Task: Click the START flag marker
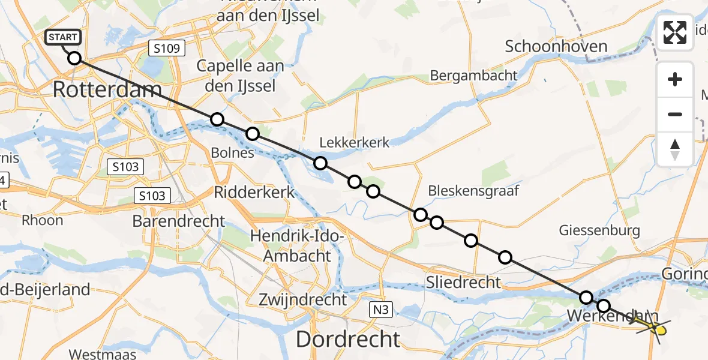tap(62, 38)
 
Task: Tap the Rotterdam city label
tap(107, 90)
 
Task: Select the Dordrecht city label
tap(347, 339)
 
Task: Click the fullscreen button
tap(675, 32)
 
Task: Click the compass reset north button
tap(675, 149)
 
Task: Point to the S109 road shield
tap(166, 48)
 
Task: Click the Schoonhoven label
tap(556, 46)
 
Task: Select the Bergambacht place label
tap(473, 75)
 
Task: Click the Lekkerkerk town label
tap(355, 142)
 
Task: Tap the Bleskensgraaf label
tap(473, 191)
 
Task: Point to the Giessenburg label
tap(599, 230)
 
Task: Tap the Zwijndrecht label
tap(302, 298)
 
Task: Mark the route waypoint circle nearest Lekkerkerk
tap(320, 163)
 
